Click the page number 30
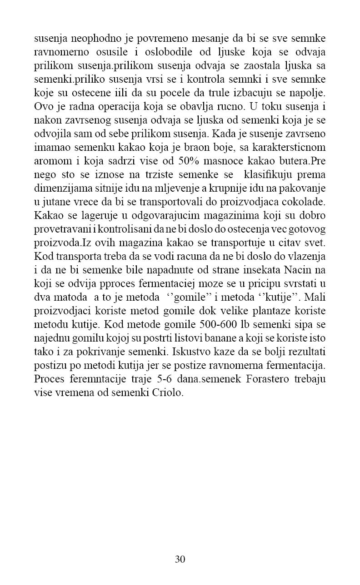(x=180, y=559)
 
